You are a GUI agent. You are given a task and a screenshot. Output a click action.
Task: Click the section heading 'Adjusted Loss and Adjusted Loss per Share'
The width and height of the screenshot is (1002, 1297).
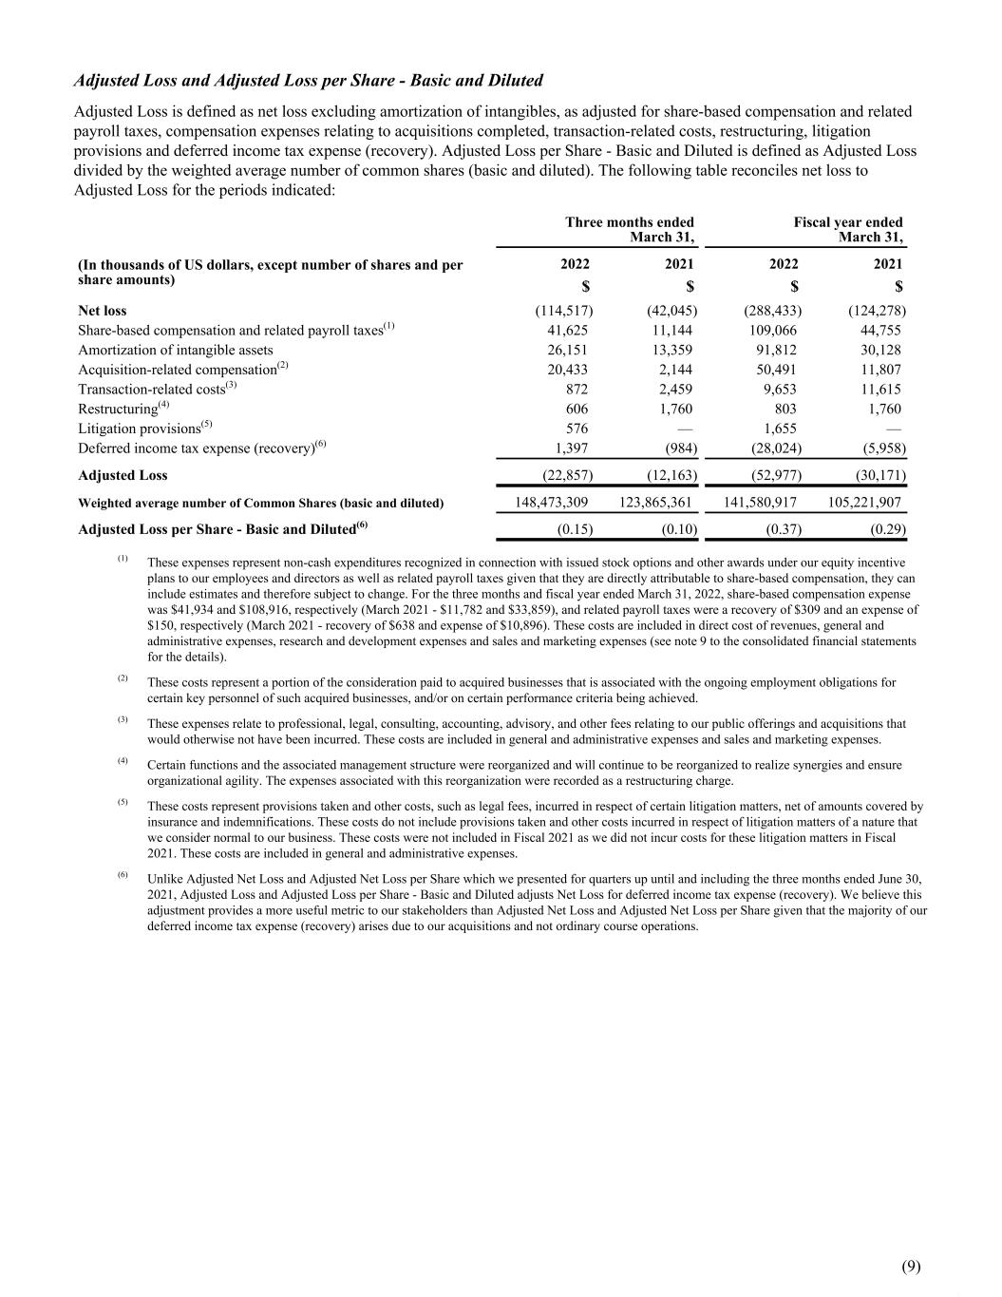pos(309,80)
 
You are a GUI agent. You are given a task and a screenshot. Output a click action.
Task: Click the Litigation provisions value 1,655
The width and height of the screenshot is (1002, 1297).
pos(780,429)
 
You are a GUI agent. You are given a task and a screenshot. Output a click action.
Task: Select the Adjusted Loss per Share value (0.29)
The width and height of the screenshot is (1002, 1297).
pos(886,529)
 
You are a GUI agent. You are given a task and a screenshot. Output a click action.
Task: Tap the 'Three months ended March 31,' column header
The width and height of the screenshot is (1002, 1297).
pos(630,229)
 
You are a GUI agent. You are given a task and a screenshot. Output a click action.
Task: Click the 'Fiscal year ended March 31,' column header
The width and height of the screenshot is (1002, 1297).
pos(848,229)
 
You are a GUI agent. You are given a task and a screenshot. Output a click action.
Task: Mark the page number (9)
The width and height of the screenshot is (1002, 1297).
pos(911,1266)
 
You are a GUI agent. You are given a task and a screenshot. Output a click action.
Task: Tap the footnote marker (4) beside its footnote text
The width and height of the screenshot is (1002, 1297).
pos(123,761)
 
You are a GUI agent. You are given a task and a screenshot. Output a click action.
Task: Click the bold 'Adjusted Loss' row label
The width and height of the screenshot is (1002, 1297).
pos(123,475)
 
